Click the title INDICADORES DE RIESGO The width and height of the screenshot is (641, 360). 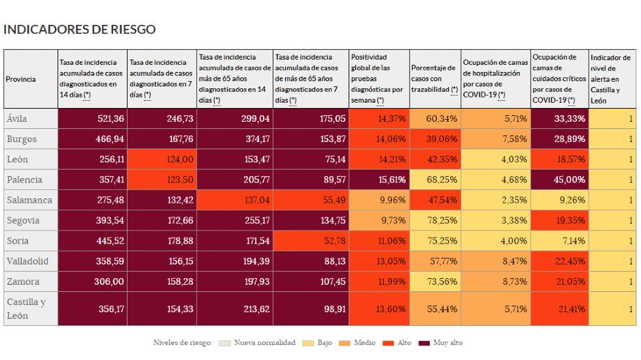pos(79,29)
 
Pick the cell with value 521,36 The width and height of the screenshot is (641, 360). pos(92,118)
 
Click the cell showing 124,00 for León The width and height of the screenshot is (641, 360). pos(162,159)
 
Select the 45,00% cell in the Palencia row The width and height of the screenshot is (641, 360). pos(560,179)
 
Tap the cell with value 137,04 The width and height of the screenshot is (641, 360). pos(235,200)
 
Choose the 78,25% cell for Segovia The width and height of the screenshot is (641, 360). pos(435,221)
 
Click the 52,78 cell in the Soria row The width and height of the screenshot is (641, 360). pos(311,241)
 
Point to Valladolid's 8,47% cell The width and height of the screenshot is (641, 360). pos(496,261)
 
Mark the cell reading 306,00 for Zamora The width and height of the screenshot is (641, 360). pos(92,281)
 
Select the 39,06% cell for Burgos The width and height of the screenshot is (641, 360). pos(435,139)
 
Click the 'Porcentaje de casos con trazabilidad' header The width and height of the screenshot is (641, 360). pos(435,79)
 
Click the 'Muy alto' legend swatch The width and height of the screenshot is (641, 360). pos(424,343)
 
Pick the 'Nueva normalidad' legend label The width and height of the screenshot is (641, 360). pos(265,342)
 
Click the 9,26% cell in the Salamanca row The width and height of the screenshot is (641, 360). pos(560,200)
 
